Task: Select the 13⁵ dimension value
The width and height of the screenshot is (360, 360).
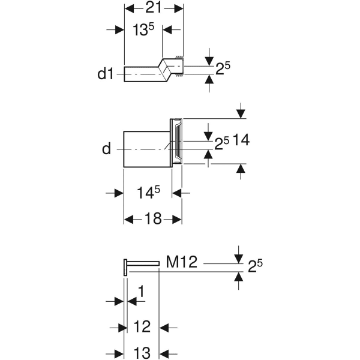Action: pos(136,31)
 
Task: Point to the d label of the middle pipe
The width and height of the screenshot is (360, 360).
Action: pos(106,148)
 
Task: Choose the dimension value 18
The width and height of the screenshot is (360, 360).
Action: pos(154,219)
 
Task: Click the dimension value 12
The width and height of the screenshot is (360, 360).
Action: pos(142,328)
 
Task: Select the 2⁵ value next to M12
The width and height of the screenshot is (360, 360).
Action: pos(256,264)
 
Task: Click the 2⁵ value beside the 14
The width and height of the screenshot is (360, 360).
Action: pos(222,142)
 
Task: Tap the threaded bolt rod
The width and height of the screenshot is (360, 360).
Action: pos(144,263)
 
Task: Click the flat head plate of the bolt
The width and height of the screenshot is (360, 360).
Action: pos(125,267)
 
